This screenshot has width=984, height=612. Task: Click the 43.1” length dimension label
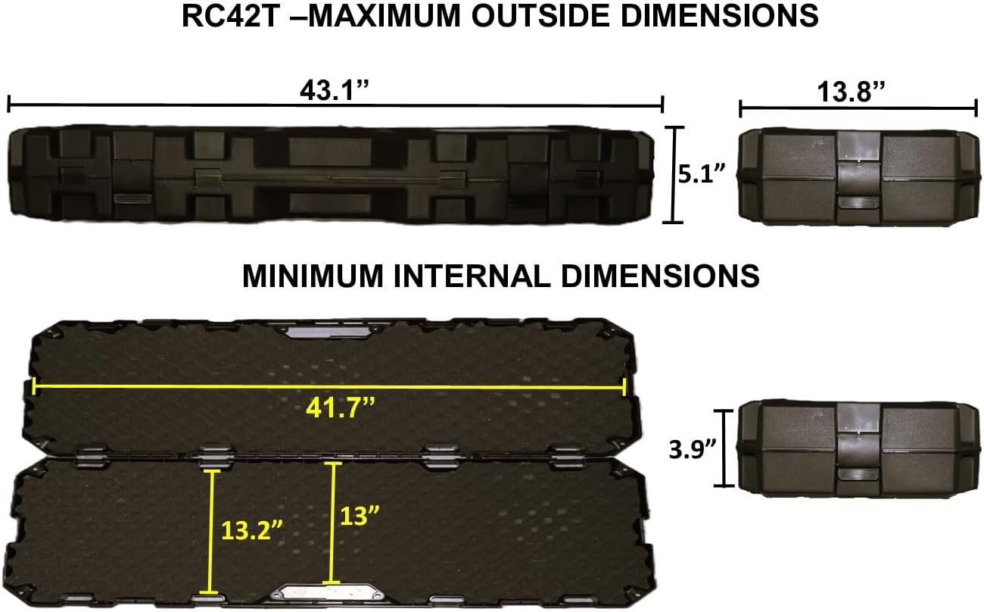pyautogui.click(x=335, y=91)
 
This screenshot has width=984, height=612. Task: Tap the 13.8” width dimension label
pyautogui.click(x=851, y=92)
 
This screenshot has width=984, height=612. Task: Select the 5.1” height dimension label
pyautogui.click(x=702, y=173)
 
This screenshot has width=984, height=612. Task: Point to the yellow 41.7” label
pyautogui.click(x=341, y=407)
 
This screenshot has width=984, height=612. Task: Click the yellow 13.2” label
pyautogui.click(x=252, y=529)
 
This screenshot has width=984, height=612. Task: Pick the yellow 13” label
pyautogui.click(x=360, y=515)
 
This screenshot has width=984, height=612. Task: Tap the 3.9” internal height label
pyautogui.click(x=693, y=449)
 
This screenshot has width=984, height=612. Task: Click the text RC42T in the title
pyautogui.click(x=231, y=16)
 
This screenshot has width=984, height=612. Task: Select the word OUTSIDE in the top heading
pyautogui.click(x=541, y=16)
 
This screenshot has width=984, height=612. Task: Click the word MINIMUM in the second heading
pyautogui.click(x=313, y=276)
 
